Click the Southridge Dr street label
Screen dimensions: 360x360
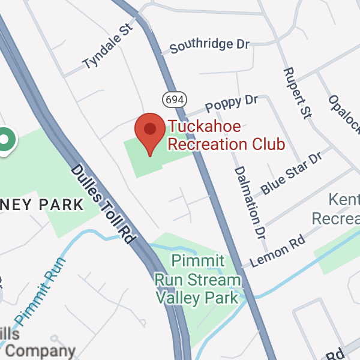pyautogui.click(x=209, y=46)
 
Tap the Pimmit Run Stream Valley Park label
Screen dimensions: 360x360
pyautogui.click(x=198, y=279)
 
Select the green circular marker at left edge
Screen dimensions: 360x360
pyautogui.click(x=6, y=140)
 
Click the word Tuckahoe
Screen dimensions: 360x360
pyautogui.click(x=205, y=127)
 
